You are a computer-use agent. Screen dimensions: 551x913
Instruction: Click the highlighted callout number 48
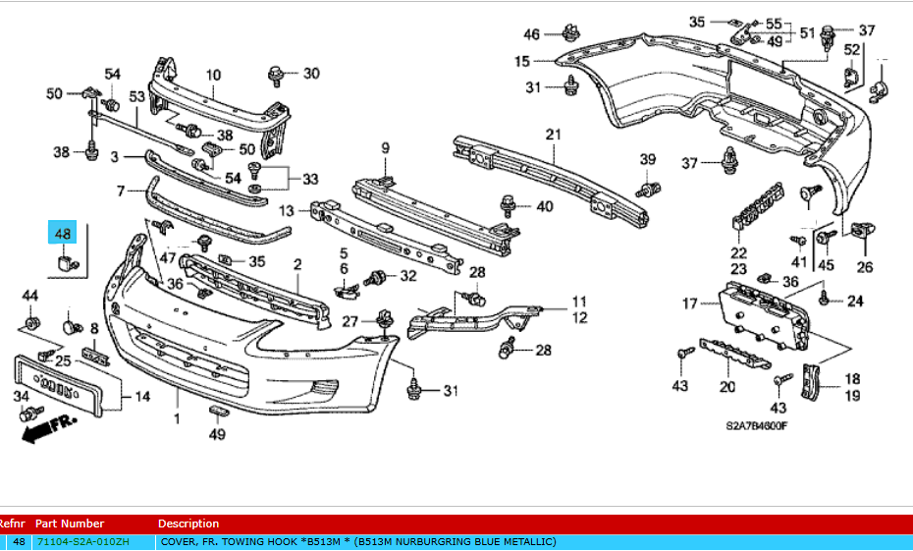[x=63, y=234]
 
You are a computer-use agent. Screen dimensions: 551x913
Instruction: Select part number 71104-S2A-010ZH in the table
[x=81, y=542]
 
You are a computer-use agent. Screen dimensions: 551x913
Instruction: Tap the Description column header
[x=188, y=523]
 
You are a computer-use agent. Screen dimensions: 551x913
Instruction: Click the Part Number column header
[x=69, y=523]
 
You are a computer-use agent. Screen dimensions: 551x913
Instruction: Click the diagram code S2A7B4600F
[x=757, y=425]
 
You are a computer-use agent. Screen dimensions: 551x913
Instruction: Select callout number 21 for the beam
[x=553, y=135]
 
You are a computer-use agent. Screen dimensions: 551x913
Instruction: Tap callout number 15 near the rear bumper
[x=522, y=61]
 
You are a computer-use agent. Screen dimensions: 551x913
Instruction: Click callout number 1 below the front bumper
[x=178, y=419]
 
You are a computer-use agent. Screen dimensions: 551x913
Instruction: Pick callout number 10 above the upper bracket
[x=213, y=75]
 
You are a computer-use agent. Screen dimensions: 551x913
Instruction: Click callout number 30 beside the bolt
[x=311, y=74]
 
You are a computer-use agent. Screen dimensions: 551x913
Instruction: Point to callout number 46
[x=531, y=34]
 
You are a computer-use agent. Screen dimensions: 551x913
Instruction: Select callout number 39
[x=647, y=160]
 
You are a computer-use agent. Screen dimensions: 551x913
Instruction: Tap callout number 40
[x=544, y=206]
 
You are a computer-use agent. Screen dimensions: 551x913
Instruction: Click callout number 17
[x=690, y=304]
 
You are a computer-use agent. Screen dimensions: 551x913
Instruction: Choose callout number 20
[x=726, y=386]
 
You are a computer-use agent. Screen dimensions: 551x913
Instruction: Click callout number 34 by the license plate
[x=21, y=396]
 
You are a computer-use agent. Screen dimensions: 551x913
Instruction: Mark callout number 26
[x=864, y=265]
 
